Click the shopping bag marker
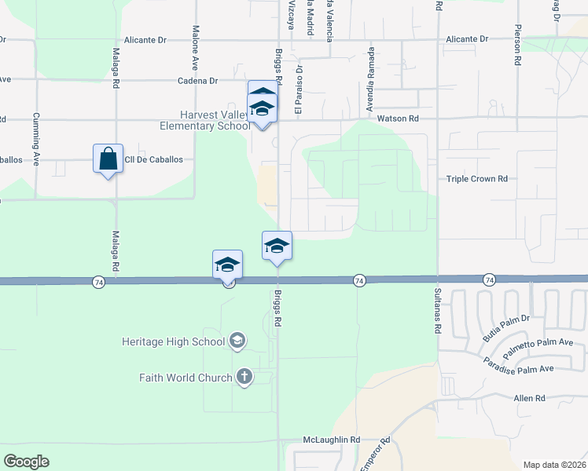tap(108, 159)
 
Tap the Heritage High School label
tap(175, 341)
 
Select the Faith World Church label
tap(186, 378)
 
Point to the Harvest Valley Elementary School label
tap(204, 120)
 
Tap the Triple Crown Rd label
tap(477, 179)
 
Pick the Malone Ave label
tap(195, 46)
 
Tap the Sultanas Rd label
tap(437, 312)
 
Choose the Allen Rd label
tap(529, 399)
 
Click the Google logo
tap(26, 462)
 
